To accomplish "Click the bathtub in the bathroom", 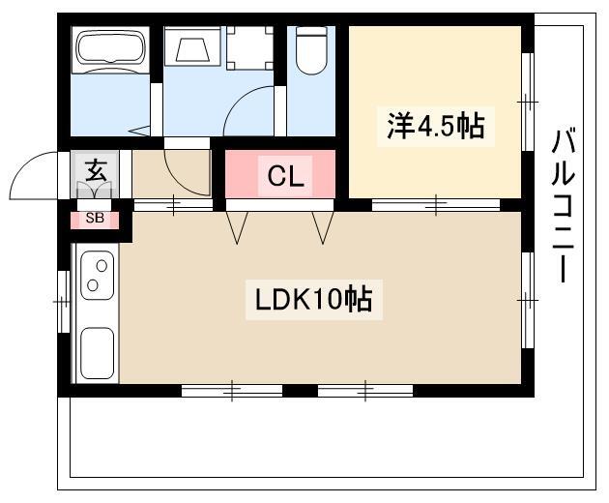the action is (110, 49).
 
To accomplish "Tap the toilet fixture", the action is (311, 50).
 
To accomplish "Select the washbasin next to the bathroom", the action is (192, 45).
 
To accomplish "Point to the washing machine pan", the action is (249, 48).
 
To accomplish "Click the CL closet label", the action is (285, 176).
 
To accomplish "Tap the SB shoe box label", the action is (95, 218).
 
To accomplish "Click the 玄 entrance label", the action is (96, 170).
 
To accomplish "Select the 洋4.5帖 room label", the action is (436, 127).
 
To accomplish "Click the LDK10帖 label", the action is (314, 300).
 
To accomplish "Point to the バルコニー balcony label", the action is (564, 206).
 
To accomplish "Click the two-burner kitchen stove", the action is (97, 275).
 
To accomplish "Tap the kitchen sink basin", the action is (97, 353).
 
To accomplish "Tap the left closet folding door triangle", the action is (237, 227).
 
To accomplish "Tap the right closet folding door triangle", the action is (323, 227).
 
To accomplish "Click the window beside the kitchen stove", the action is (63, 302).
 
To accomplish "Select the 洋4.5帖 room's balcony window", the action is (527, 102).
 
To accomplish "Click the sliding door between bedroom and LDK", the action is (436, 204).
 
